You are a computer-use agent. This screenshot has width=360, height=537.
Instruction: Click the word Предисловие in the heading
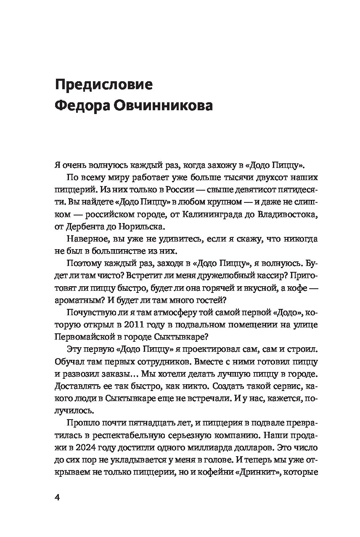tap(104, 83)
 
